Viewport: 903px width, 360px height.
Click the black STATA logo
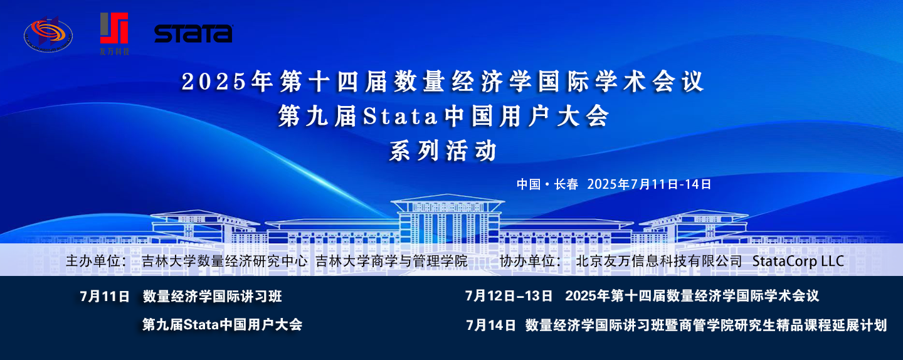tap(194, 33)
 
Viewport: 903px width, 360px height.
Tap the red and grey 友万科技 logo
tap(115, 33)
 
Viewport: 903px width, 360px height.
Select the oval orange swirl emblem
tap(48, 35)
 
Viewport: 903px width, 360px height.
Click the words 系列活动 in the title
tap(443, 151)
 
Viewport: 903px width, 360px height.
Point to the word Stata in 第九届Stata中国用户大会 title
tap(400, 117)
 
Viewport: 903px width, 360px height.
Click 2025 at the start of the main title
tap(214, 81)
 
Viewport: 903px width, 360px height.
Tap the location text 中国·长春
tap(547, 184)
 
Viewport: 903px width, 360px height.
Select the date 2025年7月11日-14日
tap(649, 184)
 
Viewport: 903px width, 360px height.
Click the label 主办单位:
tap(97, 261)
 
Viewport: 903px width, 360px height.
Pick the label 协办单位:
tap(530, 261)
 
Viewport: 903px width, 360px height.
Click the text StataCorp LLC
tap(798, 261)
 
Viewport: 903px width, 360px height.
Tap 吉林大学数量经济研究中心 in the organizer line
tap(224, 261)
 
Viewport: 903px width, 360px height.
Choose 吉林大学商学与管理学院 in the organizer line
tap(391, 261)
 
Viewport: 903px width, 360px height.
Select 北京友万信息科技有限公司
tap(658, 261)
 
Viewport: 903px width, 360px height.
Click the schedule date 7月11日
tap(104, 297)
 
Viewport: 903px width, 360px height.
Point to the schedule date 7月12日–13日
tap(509, 296)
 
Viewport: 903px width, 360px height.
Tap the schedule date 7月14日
tap(491, 325)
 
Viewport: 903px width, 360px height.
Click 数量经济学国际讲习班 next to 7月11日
tap(212, 297)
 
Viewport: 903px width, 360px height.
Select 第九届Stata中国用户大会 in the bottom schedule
tap(222, 324)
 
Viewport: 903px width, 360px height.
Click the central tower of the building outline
tap(448, 220)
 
